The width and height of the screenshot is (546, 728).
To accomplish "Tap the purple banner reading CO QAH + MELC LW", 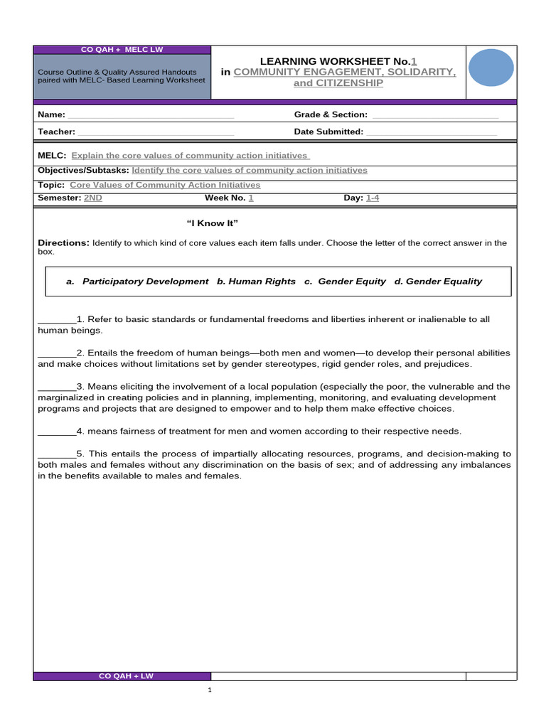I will click(122, 49).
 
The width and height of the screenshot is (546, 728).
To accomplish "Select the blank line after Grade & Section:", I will click(434, 115).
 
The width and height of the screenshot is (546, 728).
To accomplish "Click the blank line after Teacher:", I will click(156, 132).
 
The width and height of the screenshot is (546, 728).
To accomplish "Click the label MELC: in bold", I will click(52, 156).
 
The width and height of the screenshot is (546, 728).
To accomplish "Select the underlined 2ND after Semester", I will click(93, 198).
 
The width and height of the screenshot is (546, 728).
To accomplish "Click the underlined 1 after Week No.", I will click(250, 198).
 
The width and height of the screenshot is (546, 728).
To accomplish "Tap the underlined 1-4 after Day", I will click(373, 198).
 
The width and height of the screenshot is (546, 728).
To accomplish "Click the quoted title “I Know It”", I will click(212, 224).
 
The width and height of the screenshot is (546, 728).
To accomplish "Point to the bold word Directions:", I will click(63, 243).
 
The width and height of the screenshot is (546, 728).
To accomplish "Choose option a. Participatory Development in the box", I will click(137, 282).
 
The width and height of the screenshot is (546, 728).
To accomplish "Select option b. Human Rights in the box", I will click(256, 282).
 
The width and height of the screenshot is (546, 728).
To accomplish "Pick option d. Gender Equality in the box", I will click(438, 282).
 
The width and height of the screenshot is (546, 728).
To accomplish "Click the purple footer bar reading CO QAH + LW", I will click(122, 676).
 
